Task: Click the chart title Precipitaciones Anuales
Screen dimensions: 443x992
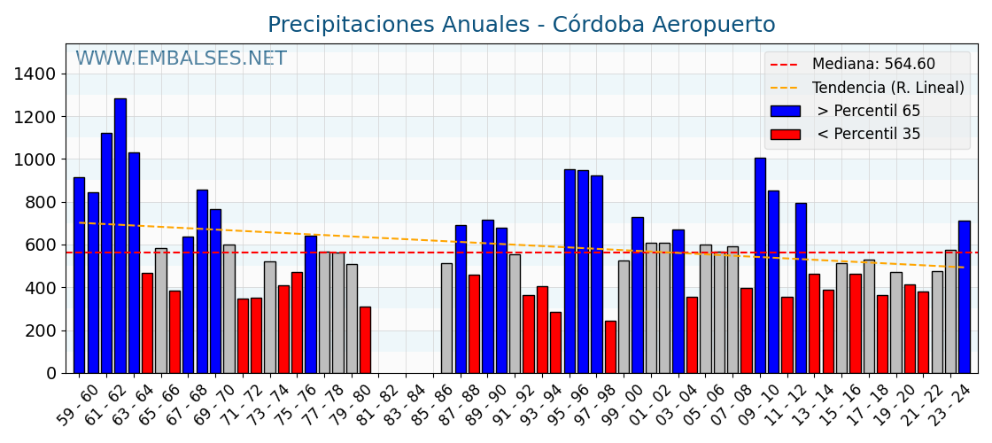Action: coord(521,25)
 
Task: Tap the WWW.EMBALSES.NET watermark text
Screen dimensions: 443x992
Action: coord(181,58)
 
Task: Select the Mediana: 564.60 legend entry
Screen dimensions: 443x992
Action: coord(872,65)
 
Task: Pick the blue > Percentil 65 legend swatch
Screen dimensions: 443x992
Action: coord(785,112)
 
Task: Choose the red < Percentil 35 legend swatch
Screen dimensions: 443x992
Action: coord(785,135)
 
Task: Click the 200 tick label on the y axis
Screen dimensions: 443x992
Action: coord(43,330)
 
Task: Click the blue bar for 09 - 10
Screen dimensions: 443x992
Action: coord(760,265)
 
